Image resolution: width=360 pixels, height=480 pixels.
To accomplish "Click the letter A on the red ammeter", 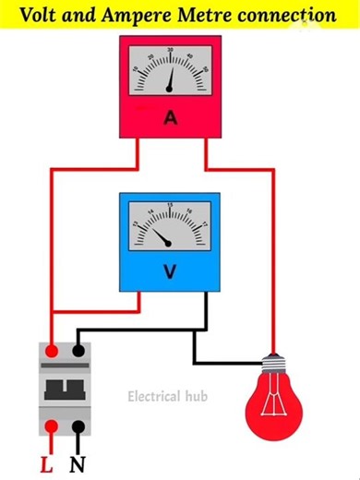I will pyautogui.click(x=170, y=117).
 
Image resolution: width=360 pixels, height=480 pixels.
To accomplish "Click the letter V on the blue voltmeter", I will pyautogui.click(x=169, y=271).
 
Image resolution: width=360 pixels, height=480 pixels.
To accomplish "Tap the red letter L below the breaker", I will pyautogui.click(x=47, y=463).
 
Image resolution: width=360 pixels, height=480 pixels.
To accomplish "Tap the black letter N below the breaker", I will pyautogui.click(x=79, y=463).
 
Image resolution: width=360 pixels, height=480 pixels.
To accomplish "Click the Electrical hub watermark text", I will pyautogui.click(x=167, y=396).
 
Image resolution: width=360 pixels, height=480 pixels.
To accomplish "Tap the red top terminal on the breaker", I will pyautogui.click(x=54, y=351).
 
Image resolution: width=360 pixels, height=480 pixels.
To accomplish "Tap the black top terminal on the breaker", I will pyautogui.click(x=79, y=351).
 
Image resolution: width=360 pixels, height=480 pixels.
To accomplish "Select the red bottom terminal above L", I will pyautogui.click(x=54, y=426).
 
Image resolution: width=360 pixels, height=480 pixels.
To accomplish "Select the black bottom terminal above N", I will pyautogui.click(x=79, y=426).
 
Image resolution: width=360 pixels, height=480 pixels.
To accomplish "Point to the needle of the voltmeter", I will pyautogui.click(x=162, y=237).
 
